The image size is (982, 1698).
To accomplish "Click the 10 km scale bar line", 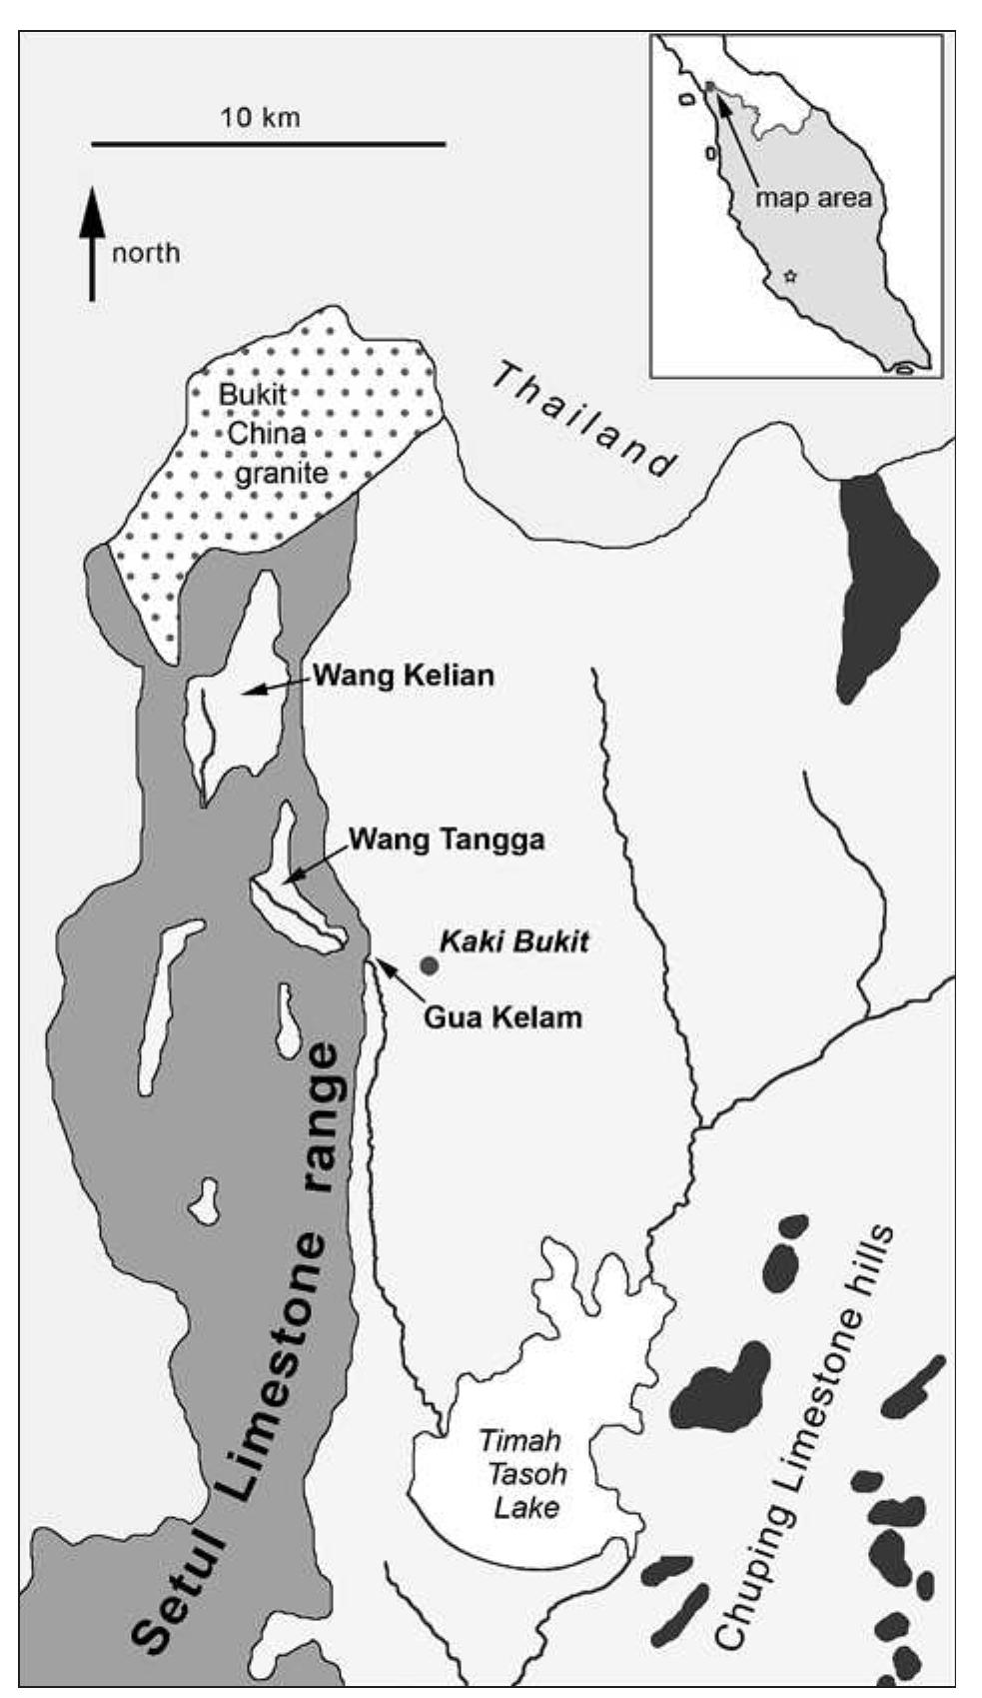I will pos(268,145).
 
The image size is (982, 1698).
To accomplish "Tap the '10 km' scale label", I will pos(260,117).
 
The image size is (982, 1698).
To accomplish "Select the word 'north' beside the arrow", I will pos(146,253).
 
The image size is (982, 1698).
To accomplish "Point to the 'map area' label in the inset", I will pos(813,197).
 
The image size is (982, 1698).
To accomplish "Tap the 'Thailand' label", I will pos(584,420).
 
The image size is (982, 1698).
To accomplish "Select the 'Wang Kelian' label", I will pos(404,676).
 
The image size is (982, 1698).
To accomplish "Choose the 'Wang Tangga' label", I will pos(446,840).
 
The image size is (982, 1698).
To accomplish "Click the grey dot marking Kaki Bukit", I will pos(429,965).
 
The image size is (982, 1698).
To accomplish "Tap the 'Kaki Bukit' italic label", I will pos(515,941).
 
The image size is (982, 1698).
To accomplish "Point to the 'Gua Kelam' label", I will pos(502,1018).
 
